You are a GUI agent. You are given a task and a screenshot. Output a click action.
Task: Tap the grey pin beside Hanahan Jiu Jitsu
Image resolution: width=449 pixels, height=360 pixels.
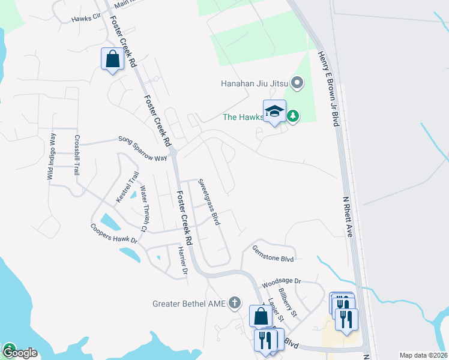point(296,82)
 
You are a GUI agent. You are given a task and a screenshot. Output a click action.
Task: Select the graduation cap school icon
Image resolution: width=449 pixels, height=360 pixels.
point(274,112)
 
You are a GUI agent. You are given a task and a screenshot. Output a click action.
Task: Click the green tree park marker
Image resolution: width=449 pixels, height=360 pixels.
point(292,116)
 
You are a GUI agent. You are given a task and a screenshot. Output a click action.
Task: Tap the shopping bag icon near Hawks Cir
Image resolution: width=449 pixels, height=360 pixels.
point(112,59)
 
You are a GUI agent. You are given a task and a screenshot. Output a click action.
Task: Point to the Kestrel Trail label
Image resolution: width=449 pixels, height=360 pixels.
point(127,187)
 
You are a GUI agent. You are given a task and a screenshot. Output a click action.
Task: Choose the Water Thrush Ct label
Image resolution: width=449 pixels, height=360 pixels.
point(143,208)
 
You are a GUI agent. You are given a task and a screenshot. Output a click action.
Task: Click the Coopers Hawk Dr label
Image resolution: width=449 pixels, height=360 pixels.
point(114,233)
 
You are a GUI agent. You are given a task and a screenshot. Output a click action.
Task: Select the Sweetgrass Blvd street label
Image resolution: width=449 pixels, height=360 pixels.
point(209,201)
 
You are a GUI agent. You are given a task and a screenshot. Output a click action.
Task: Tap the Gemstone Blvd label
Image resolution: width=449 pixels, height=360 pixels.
point(273,253)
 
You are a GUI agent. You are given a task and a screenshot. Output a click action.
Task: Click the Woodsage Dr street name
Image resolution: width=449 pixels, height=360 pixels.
point(281,281)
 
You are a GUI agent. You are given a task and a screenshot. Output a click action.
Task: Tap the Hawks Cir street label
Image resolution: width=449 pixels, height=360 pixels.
point(85,19)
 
